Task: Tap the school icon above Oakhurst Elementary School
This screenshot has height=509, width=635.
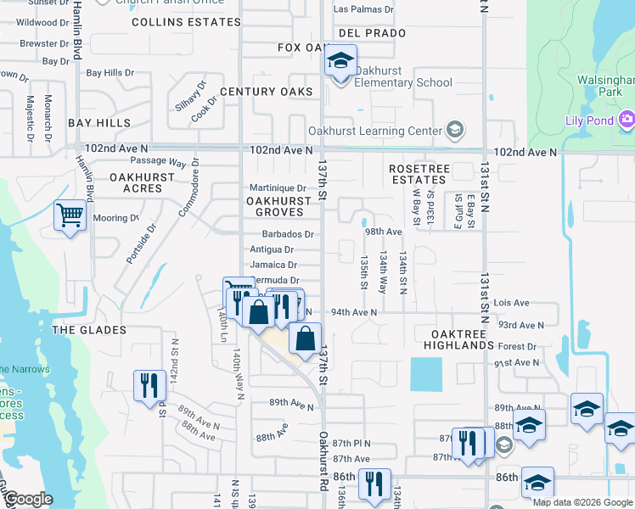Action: pos(340,62)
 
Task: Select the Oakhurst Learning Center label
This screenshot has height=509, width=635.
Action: pos(374,131)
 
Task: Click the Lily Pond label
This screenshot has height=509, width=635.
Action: pos(589,120)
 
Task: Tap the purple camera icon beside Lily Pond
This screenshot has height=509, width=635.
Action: pos(627,120)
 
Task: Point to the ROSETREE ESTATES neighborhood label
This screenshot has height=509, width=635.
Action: pos(419,175)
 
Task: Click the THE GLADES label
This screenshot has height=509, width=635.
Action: pos(89,329)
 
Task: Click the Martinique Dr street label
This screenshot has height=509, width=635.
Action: pos(277,187)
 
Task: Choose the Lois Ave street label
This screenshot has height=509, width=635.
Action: pos(511,303)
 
